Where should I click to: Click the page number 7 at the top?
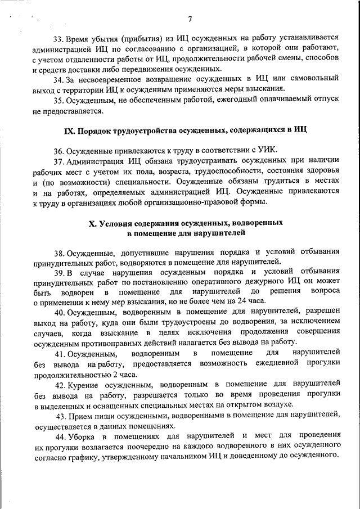click(190, 20)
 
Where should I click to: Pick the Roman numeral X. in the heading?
click(93, 223)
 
